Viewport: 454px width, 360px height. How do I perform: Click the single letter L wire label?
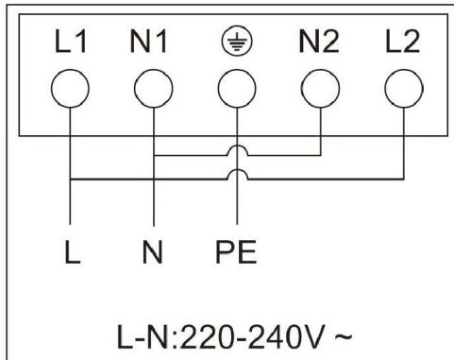[72, 255]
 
